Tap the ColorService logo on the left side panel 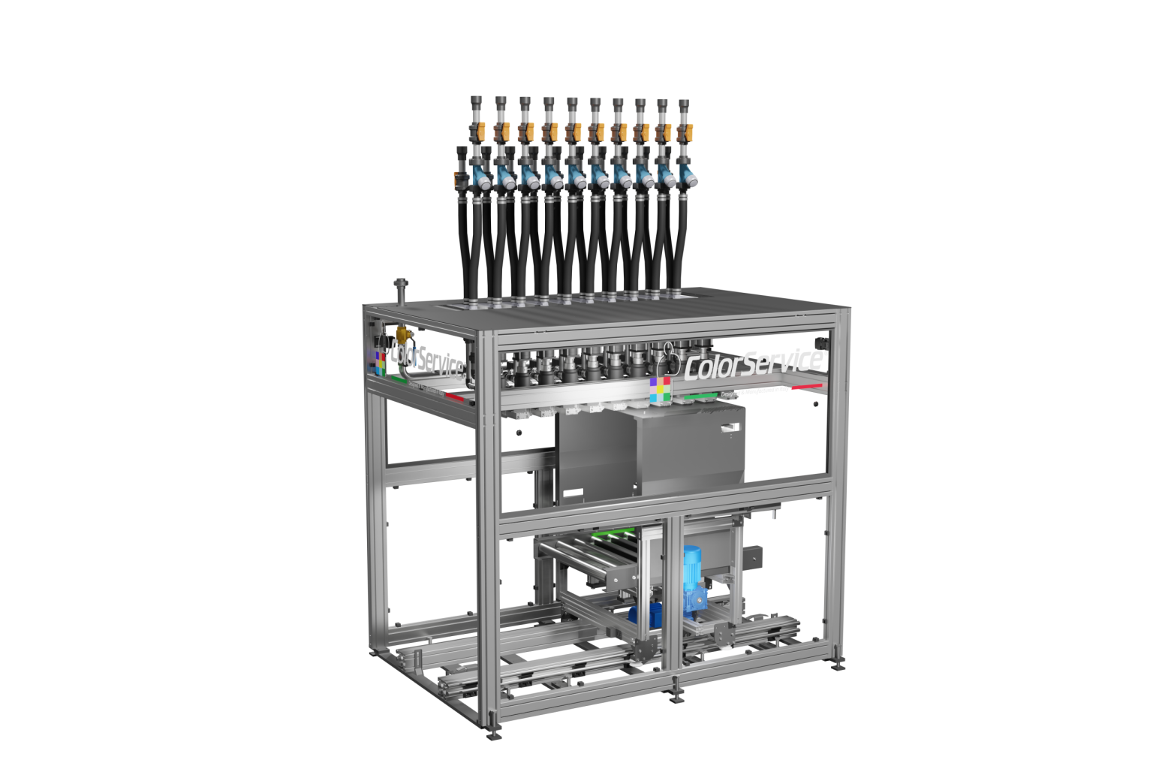pos(426,358)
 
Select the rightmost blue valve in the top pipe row pos(688,178)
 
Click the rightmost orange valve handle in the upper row pos(683,133)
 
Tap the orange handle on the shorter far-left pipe pos(459,179)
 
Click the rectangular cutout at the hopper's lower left pos(573,494)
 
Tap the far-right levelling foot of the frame pos(837,665)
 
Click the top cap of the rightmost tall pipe pos(684,102)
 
